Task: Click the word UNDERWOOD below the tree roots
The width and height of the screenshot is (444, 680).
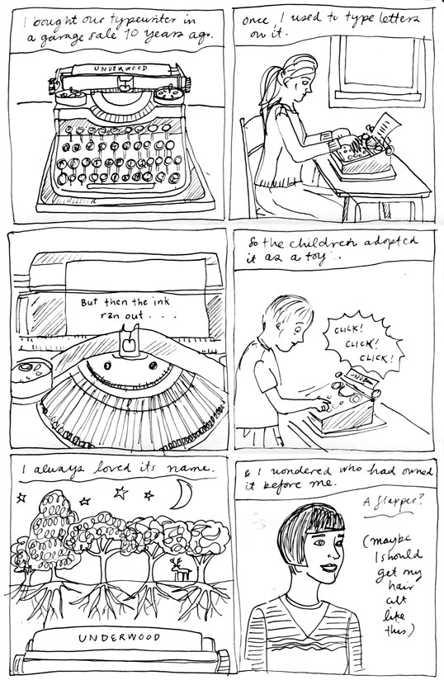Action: pyautogui.click(x=120, y=638)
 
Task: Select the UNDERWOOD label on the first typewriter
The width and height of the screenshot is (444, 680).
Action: pyautogui.click(x=120, y=68)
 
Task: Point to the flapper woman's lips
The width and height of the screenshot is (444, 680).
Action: pyautogui.click(x=328, y=568)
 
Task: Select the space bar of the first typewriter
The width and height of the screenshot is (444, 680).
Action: pyautogui.click(x=120, y=187)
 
